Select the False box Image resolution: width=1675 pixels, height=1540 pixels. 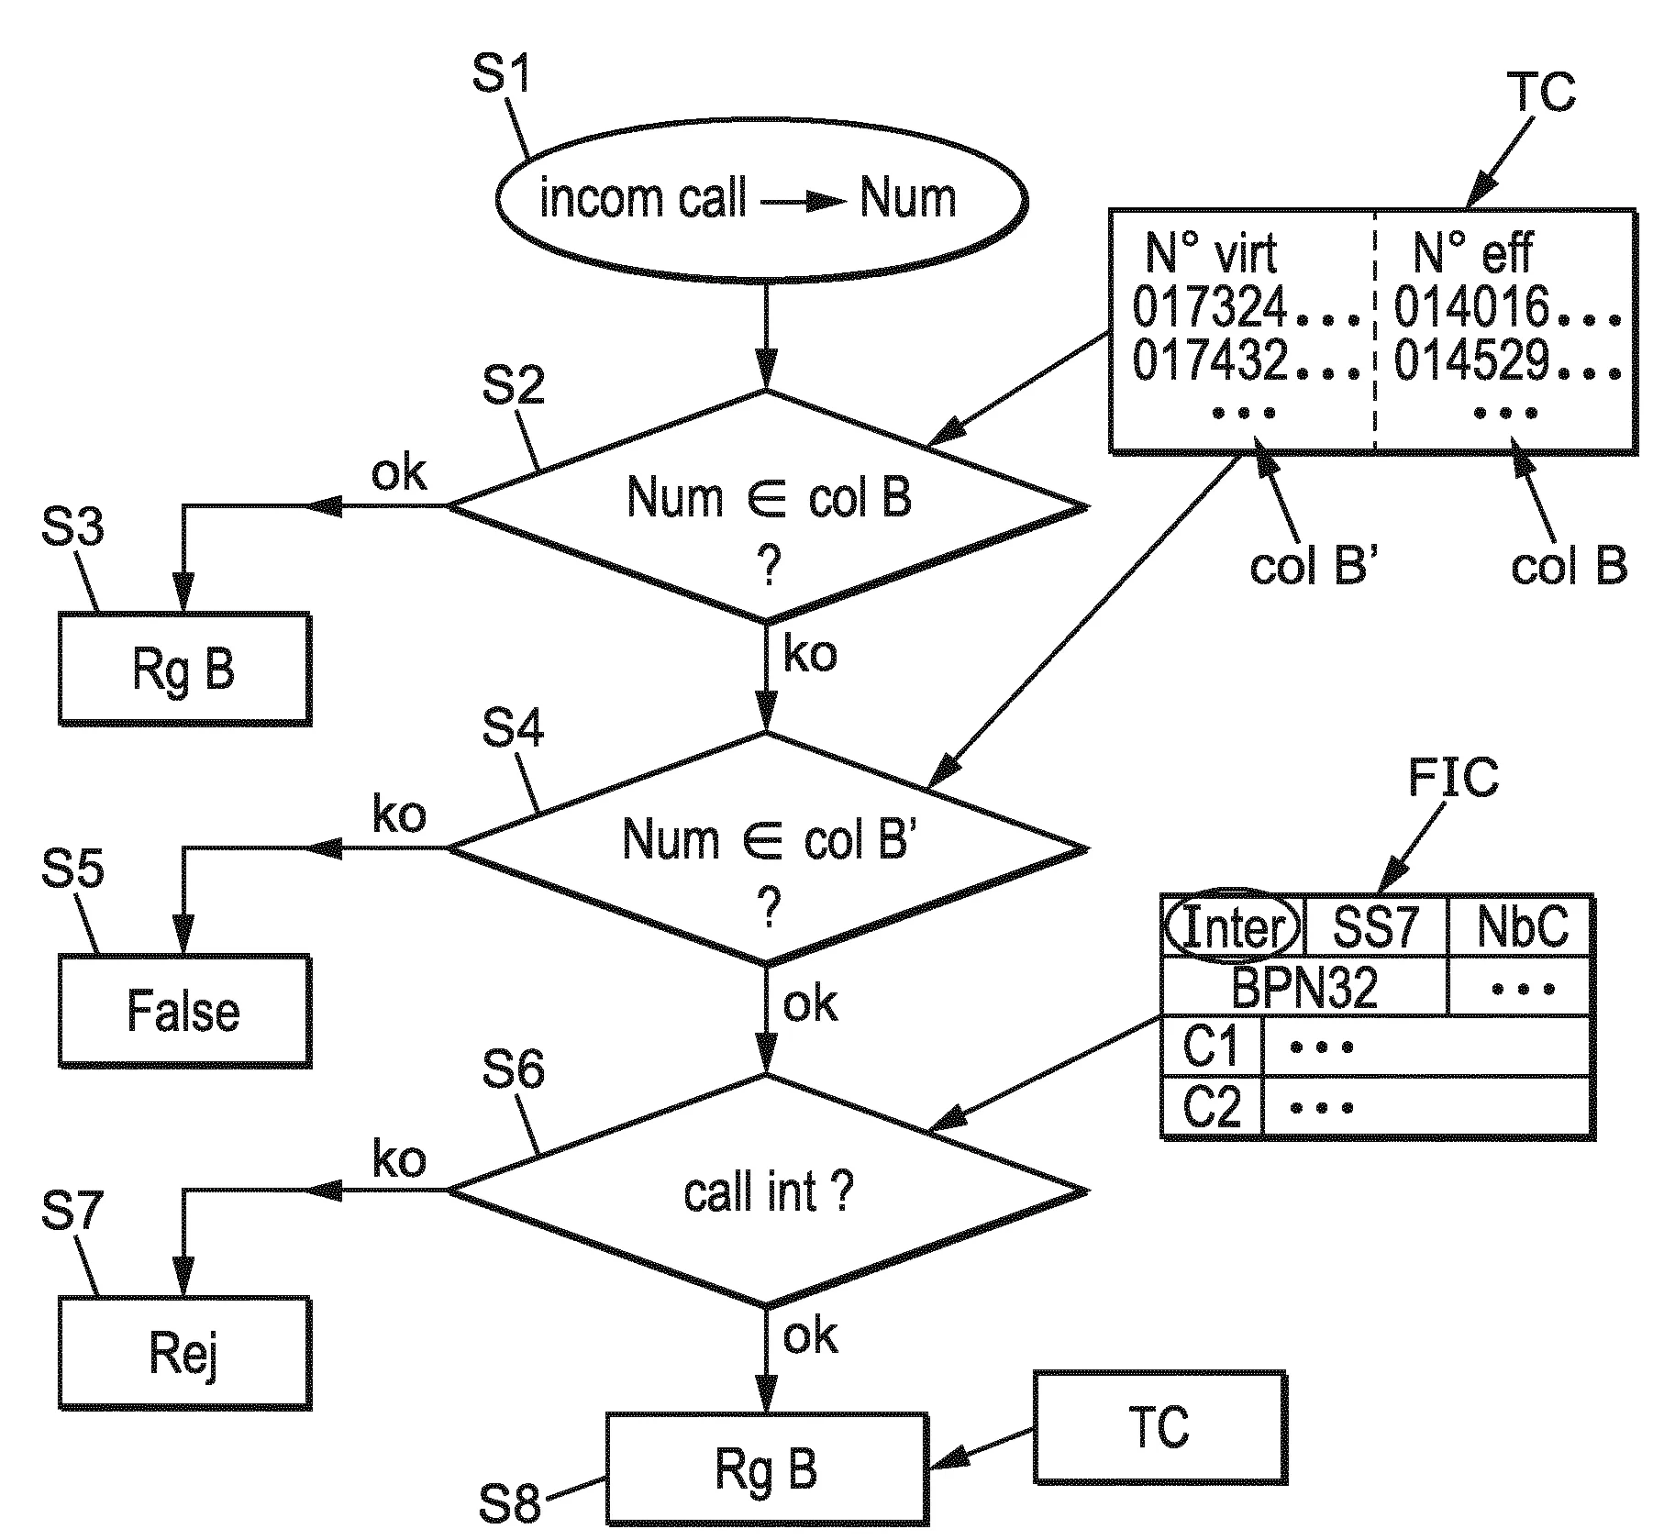point(184,1011)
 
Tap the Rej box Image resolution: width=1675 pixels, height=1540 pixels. point(184,1354)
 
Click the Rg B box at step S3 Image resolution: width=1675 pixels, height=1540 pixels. point(184,669)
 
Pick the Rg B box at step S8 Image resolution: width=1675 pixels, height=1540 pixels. point(766,1469)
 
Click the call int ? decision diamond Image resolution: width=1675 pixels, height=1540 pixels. point(768,1191)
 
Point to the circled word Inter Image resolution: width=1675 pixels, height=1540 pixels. point(1232,926)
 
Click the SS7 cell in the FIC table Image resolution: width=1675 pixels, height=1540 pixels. point(1375,926)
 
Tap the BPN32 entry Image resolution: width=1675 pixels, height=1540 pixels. point(1303,987)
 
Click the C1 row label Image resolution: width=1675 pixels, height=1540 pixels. point(1211,1046)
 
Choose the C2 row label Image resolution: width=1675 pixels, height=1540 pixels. point(1211,1106)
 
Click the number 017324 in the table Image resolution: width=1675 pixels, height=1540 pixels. point(1209,306)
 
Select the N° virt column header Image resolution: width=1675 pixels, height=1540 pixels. point(1211,252)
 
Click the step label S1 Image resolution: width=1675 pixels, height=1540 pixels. point(501,73)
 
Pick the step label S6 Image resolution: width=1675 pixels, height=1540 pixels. point(513,1069)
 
